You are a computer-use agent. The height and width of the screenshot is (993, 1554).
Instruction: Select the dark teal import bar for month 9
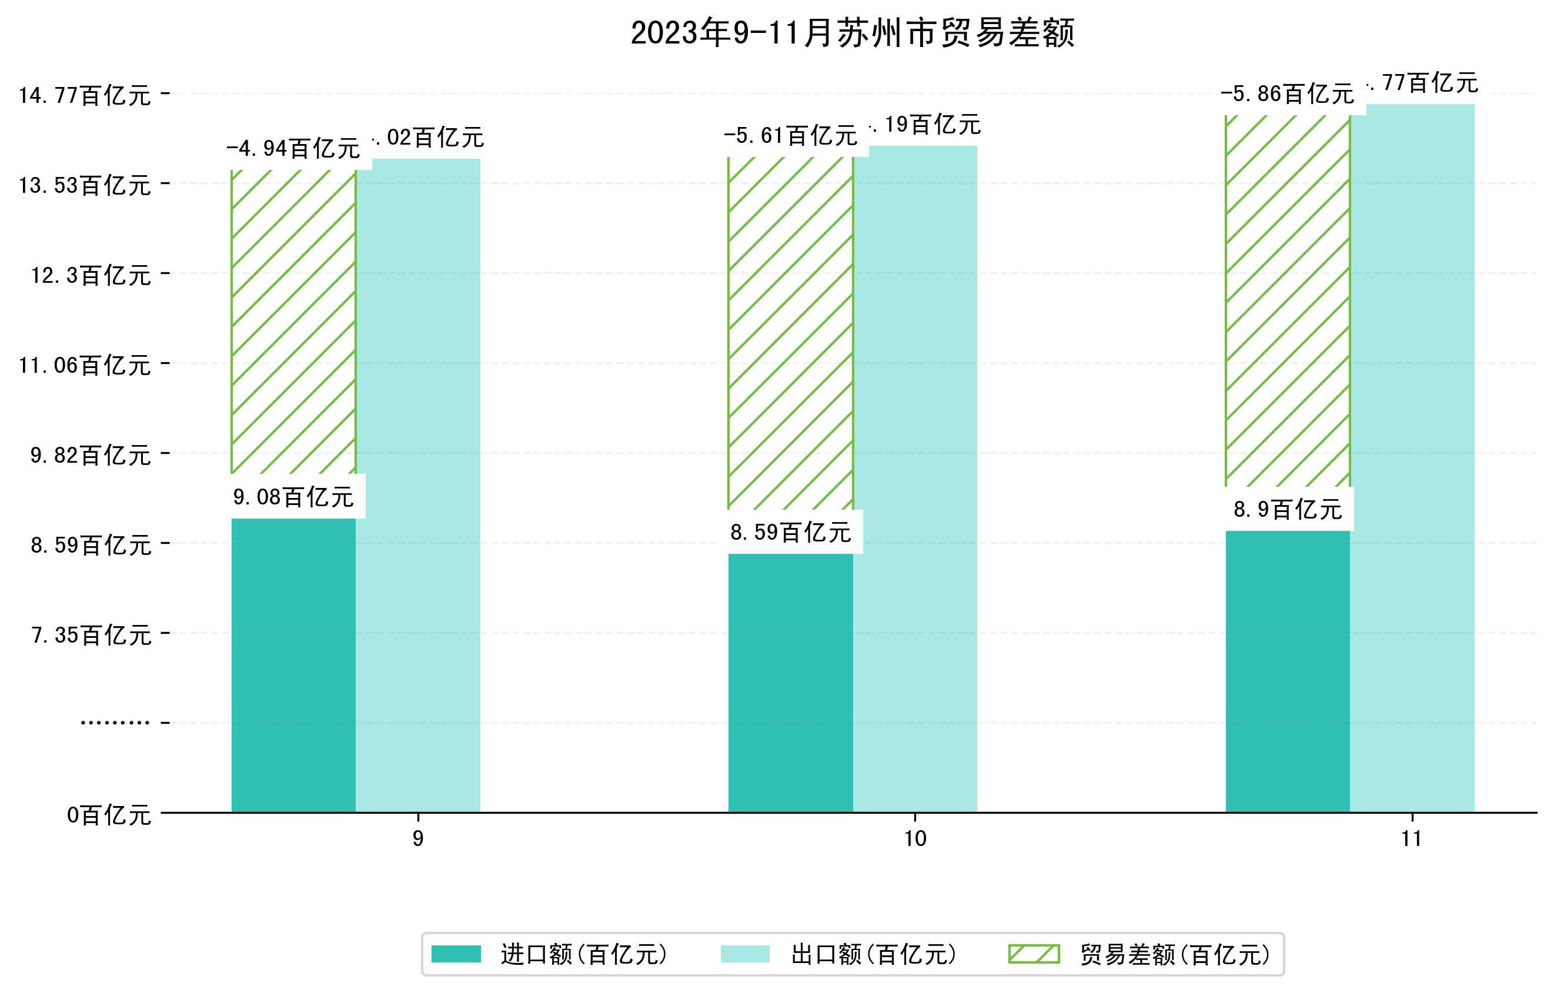tap(293, 664)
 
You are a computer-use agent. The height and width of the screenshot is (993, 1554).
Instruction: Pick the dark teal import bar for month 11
tap(1288, 671)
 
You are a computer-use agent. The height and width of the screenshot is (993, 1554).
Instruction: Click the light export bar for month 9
tap(418, 484)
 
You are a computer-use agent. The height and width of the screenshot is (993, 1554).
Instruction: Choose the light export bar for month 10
tap(915, 477)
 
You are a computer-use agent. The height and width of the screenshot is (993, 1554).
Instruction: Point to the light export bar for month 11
tap(1412, 458)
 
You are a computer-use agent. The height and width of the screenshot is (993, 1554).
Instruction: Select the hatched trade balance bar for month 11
tap(1288, 300)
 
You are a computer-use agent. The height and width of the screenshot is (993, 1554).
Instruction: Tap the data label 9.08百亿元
tap(293, 497)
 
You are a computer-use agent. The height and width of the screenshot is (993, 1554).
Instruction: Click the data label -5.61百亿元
tap(791, 135)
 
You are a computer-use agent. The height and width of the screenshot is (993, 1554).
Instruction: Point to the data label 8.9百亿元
tap(1288, 510)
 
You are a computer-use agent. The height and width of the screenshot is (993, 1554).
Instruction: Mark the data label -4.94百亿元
tap(293, 148)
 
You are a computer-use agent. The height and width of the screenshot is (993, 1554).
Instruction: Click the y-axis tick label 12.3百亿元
tap(91, 276)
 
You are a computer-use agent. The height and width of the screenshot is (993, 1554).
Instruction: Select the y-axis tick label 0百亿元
tap(109, 815)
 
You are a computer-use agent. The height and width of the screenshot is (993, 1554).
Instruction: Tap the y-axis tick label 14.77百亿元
tap(85, 95)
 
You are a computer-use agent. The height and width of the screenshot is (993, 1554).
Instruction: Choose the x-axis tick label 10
tap(915, 839)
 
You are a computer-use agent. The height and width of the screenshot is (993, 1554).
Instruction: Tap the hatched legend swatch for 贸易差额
tap(1034, 954)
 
